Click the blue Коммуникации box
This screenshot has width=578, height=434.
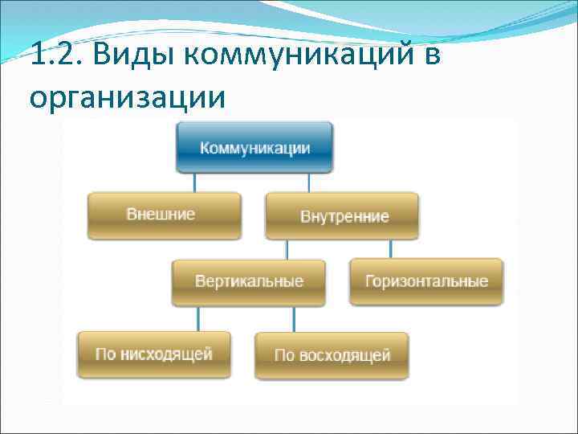click(254, 148)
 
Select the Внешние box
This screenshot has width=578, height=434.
click(164, 215)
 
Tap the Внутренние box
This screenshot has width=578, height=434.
click(343, 216)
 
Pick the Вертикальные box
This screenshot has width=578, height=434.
click(249, 281)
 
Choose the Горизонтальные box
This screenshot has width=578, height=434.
click(426, 281)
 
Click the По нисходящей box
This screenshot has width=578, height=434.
click(154, 354)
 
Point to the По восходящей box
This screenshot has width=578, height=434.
click(332, 354)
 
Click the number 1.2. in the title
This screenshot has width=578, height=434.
click(55, 56)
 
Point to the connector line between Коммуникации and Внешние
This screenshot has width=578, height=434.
click(193, 182)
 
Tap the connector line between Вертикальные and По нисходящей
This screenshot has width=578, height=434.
click(197, 318)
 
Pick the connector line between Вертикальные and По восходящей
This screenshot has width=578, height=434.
click(293, 319)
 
